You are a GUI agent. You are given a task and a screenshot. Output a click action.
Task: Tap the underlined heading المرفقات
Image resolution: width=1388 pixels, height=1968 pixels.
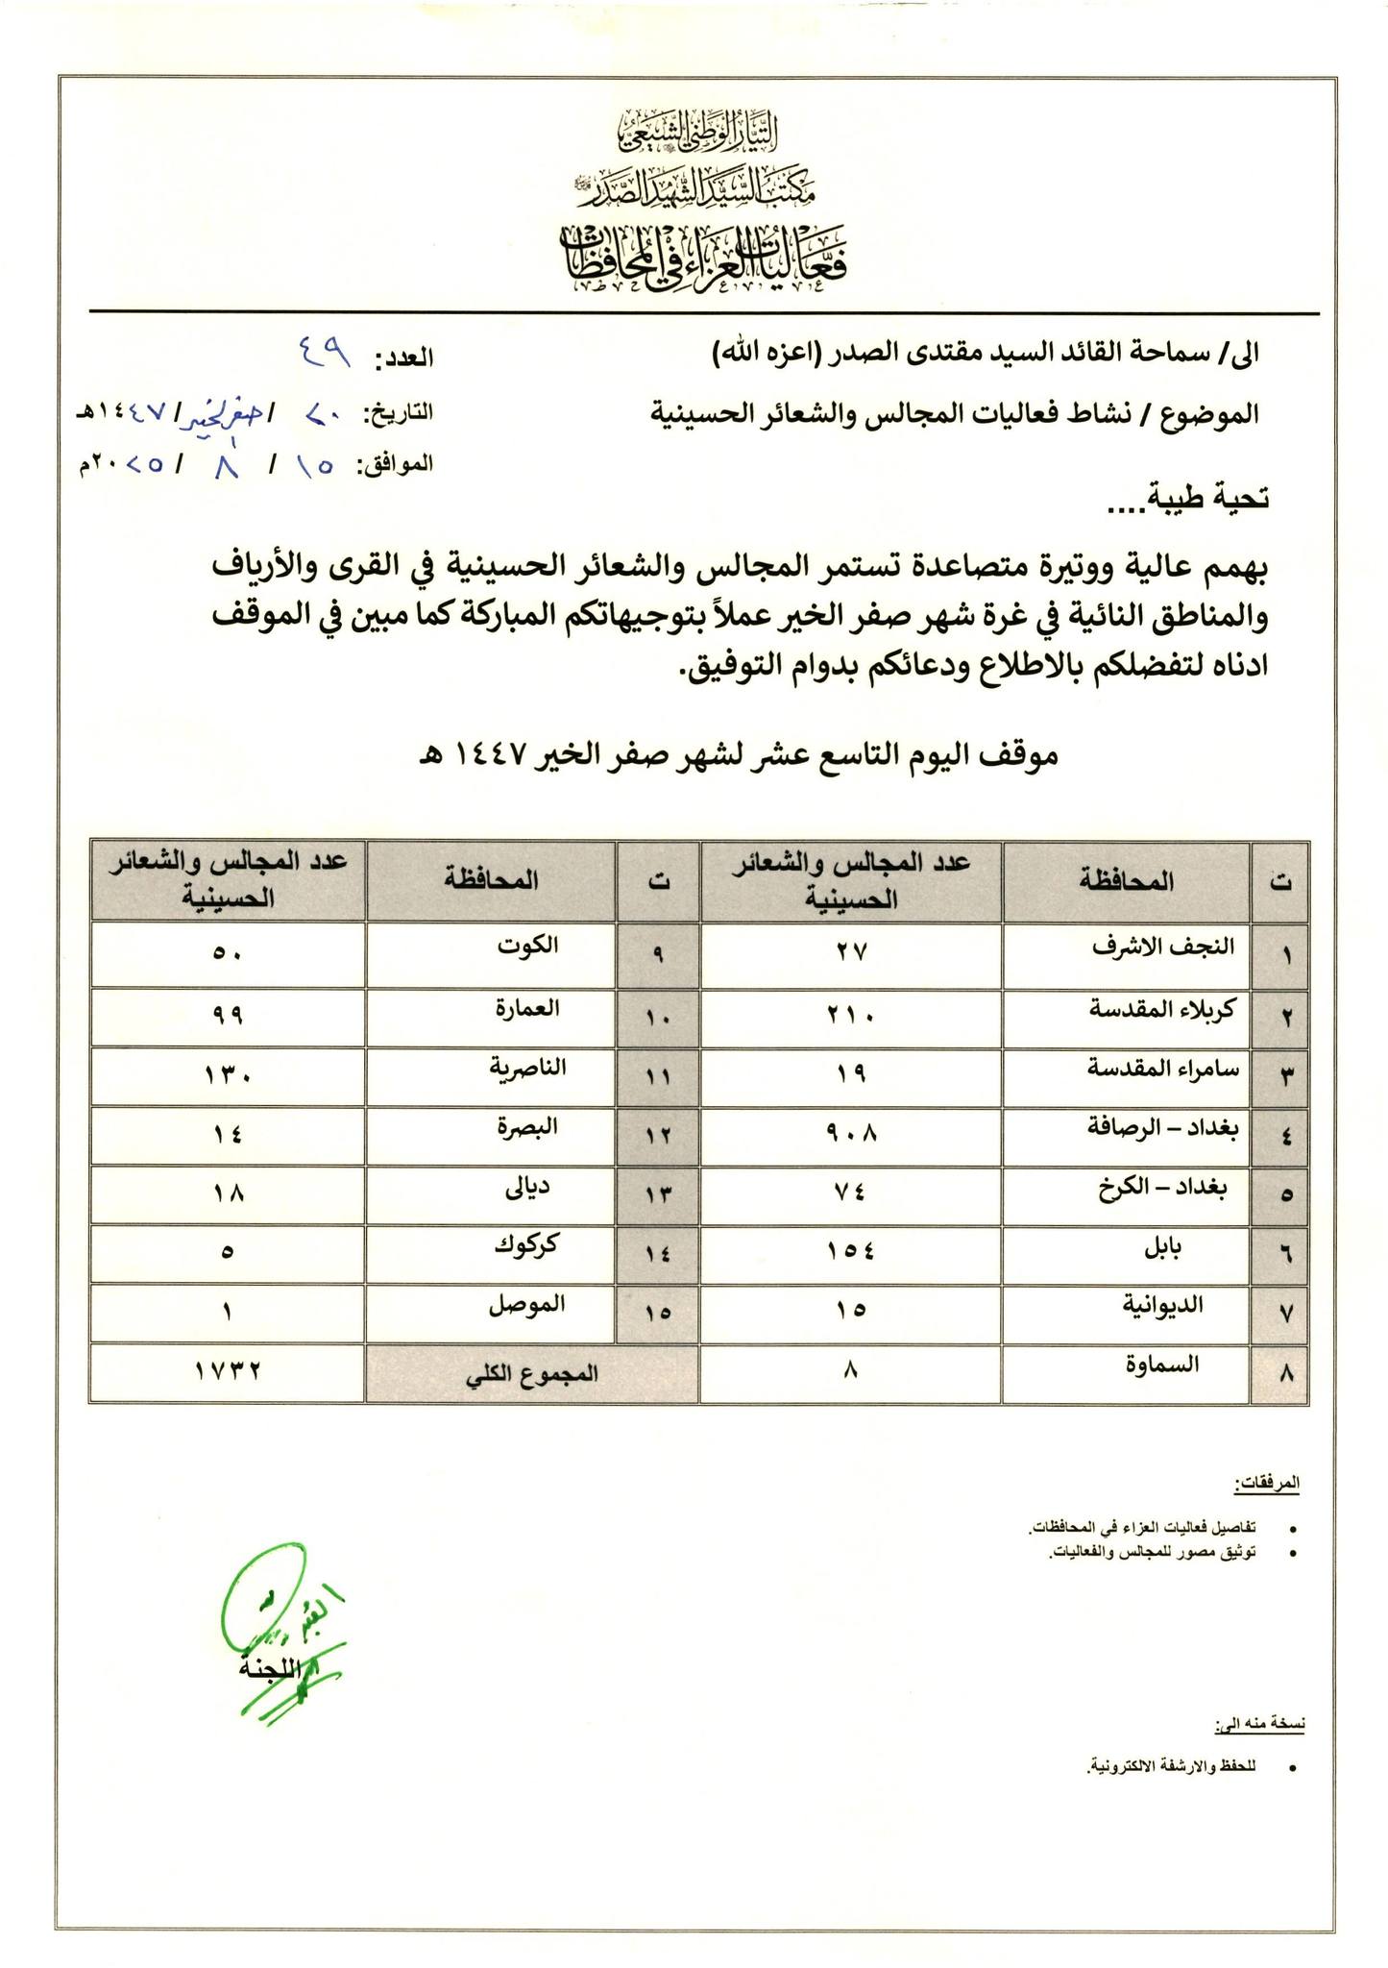tap(1267, 1484)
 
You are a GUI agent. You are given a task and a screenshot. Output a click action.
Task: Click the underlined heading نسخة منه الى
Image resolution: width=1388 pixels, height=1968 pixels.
tap(1259, 1727)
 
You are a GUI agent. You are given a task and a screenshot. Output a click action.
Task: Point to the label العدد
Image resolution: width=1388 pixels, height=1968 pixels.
tap(404, 359)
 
